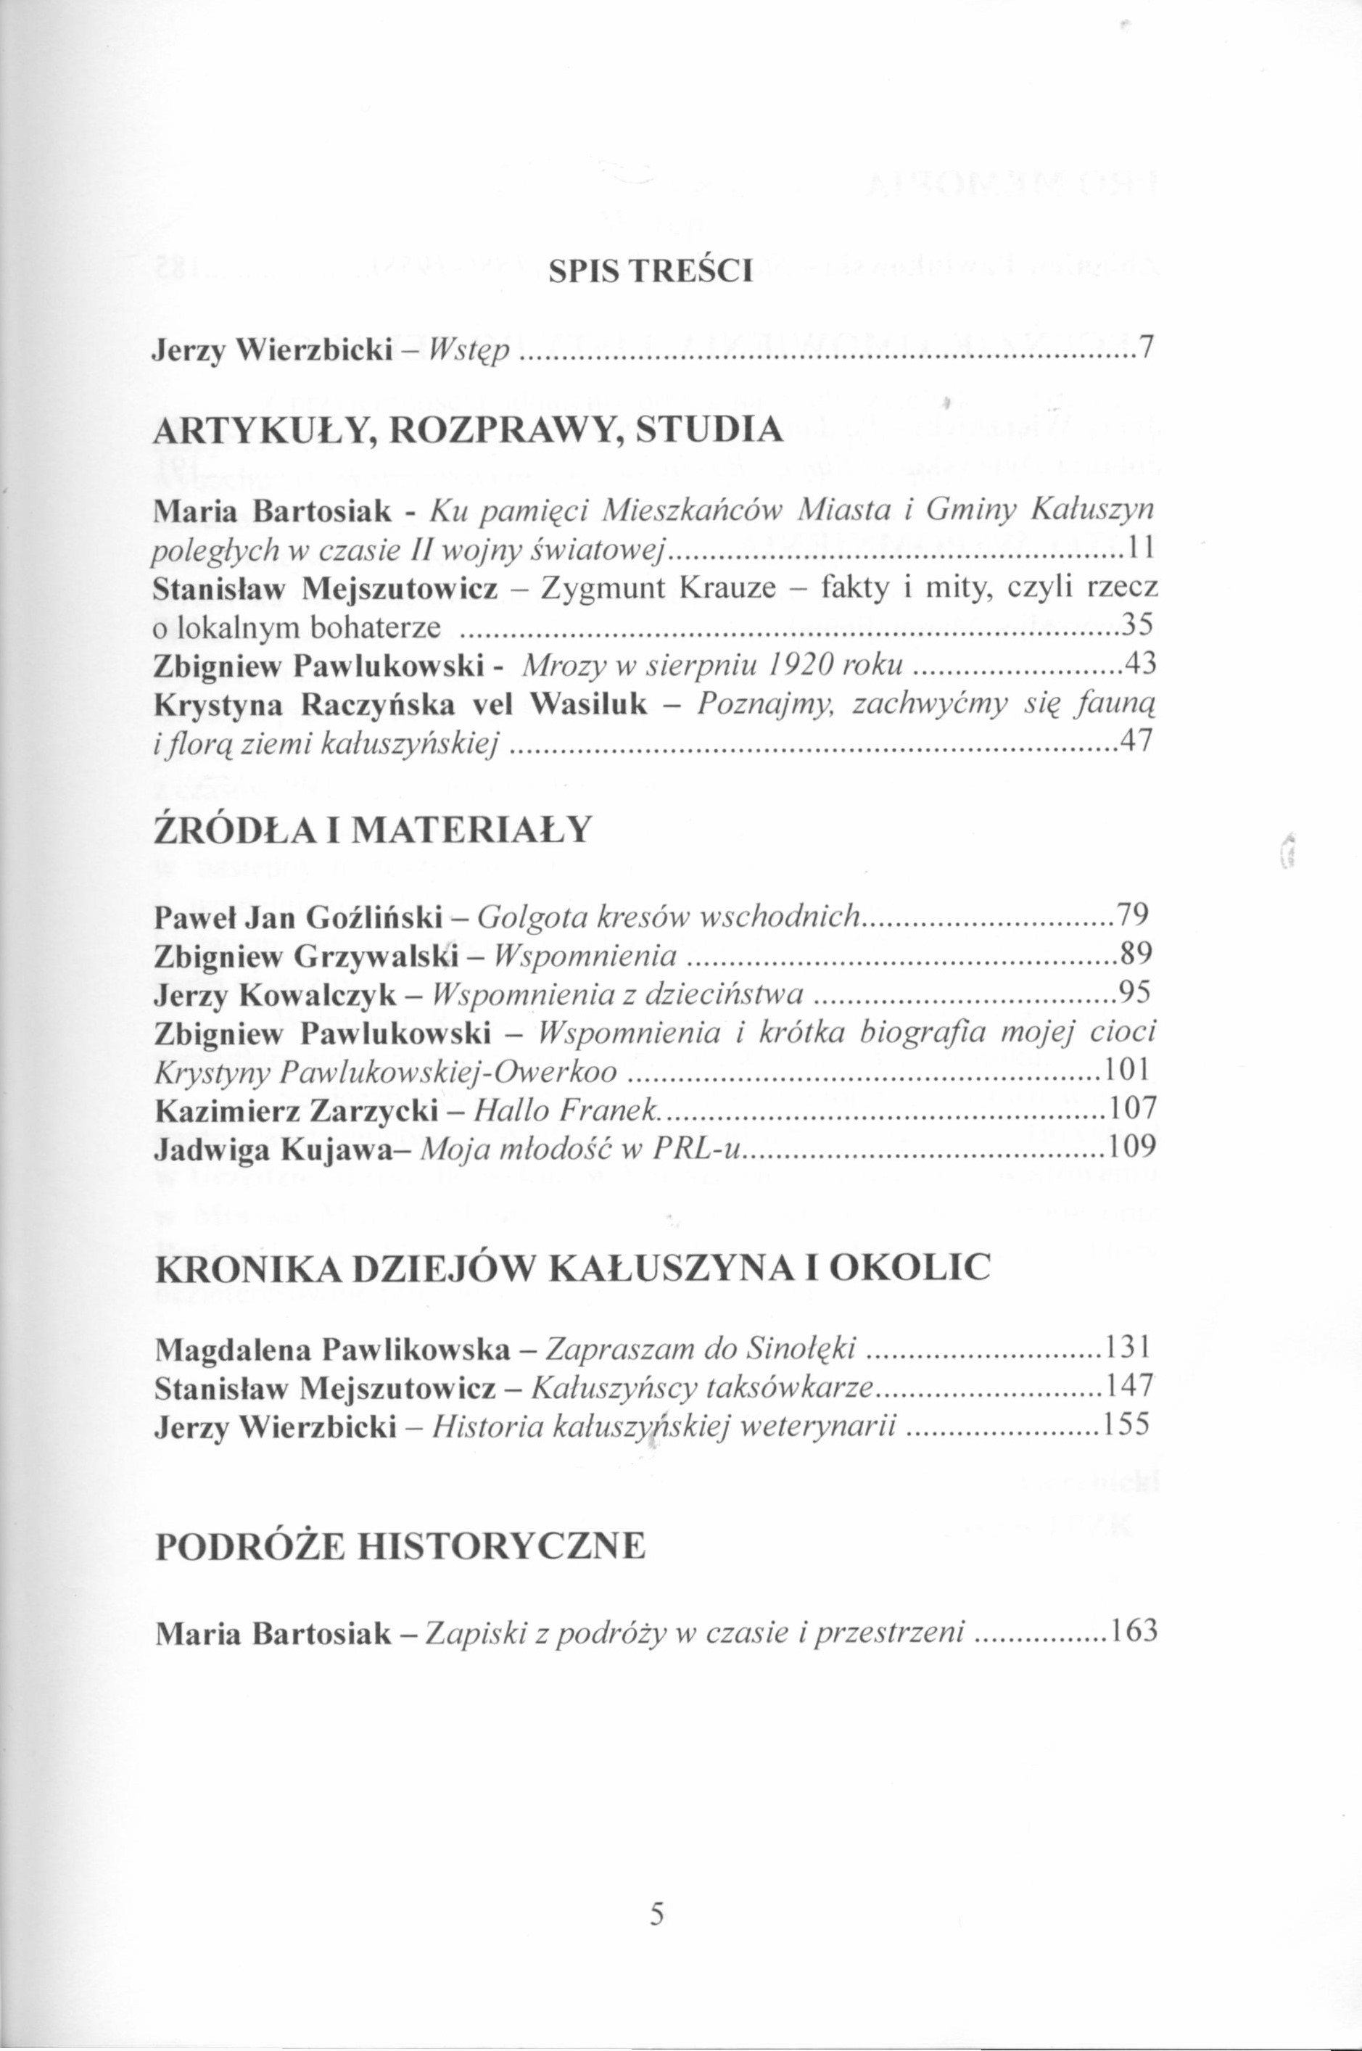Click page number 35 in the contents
(1139, 625)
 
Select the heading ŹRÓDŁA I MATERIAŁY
(372, 830)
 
